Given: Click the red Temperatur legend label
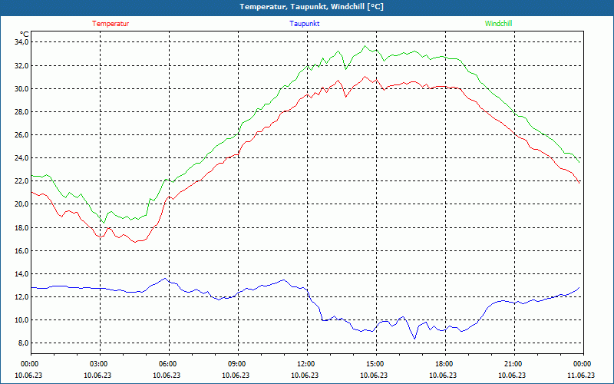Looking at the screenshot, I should (x=111, y=24).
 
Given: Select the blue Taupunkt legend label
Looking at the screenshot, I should (x=305, y=24).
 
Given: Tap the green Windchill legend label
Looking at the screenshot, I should (x=498, y=24).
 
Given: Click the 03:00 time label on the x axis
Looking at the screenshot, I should (x=99, y=364).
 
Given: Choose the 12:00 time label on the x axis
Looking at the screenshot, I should (x=305, y=364).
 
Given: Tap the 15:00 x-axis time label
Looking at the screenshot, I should (x=375, y=364).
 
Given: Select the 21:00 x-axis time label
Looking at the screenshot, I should (x=513, y=364).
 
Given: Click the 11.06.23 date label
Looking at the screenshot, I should (x=581, y=376).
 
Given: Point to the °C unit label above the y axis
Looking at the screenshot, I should (x=25, y=34).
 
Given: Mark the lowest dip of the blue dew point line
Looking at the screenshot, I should (x=415, y=338).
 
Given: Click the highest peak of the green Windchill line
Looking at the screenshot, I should (x=366, y=46).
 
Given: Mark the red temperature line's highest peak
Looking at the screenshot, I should (x=366, y=75).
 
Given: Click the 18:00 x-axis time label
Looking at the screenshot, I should (x=444, y=364).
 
